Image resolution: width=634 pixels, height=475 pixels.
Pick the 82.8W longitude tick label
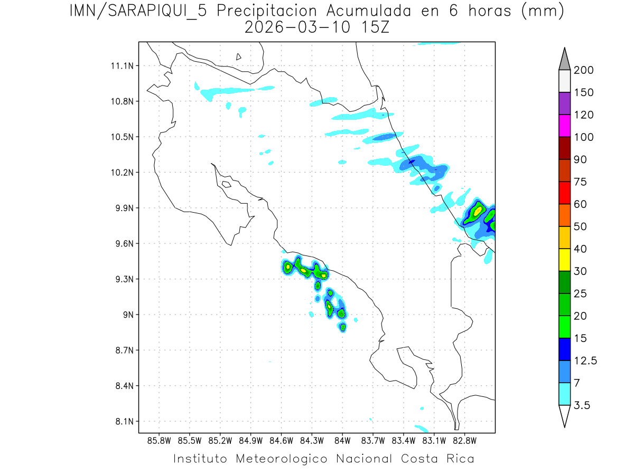pos(464,440)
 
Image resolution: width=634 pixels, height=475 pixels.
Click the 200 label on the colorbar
pos(583,71)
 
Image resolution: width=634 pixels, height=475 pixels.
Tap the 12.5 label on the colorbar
pos(585,361)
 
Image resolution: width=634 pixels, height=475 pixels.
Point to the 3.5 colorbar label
pos(582,406)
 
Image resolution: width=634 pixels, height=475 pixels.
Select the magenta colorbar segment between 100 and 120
pos(564,126)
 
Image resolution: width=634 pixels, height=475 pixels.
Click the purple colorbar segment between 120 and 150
pos(564,104)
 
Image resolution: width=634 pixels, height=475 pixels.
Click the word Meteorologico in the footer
pos(282,459)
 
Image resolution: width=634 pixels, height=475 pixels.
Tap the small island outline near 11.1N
pos(239,56)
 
